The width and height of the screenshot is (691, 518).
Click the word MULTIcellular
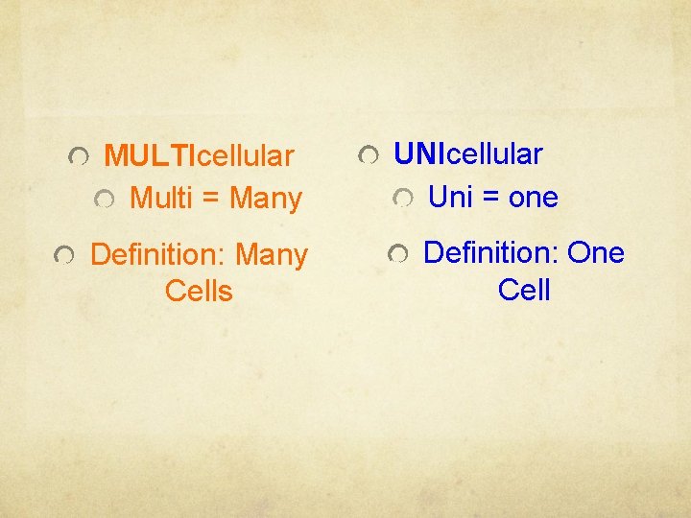[x=199, y=155]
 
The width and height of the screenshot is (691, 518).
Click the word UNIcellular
[x=468, y=153]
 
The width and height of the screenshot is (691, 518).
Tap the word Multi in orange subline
[x=161, y=199]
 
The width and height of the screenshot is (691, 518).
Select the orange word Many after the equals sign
[x=266, y=199]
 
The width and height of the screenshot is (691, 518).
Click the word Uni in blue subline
[x=451, y=198]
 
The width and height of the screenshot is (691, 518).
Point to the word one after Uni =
[x=533, y=198]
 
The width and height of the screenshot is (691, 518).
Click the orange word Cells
[x=199, y=291]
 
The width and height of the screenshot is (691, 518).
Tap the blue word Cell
[x=524, y=289]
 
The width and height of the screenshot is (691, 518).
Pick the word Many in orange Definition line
[x=272, y=255]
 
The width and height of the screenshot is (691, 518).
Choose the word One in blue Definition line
[x=596, y=253]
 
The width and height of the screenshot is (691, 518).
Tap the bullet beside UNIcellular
[x=369, y=154]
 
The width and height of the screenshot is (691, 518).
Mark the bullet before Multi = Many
[x=105, y=200]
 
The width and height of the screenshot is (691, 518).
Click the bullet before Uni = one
[x=404, y=199]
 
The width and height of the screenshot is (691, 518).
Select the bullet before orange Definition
[x=62, y=256]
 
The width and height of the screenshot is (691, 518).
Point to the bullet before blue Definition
[x=397, y=254]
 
